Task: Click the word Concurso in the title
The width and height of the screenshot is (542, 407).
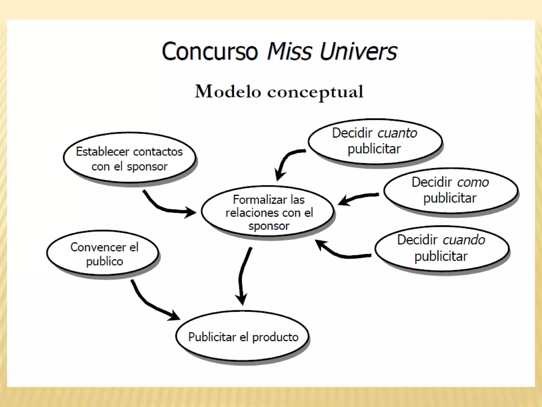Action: click(x=210, y=51)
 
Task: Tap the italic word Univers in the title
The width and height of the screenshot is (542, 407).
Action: click(x=358, y=51)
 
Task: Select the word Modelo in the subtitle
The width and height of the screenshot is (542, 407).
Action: click(x=228, y=92)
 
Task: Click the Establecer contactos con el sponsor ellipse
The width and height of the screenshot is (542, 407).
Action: click(x=129, y=158)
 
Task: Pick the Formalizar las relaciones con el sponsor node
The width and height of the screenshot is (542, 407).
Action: click(x=268, y=212)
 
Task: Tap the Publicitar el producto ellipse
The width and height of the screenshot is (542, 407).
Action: click(x=242, y=337)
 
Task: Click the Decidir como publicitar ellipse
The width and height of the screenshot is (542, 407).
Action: click(x=450, y=190)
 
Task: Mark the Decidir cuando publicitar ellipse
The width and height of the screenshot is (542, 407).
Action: click(x=441, y=248)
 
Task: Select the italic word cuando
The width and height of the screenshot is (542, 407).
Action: click(x=464, y=240)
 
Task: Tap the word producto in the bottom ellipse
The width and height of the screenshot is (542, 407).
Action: click(x=275, y=337)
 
